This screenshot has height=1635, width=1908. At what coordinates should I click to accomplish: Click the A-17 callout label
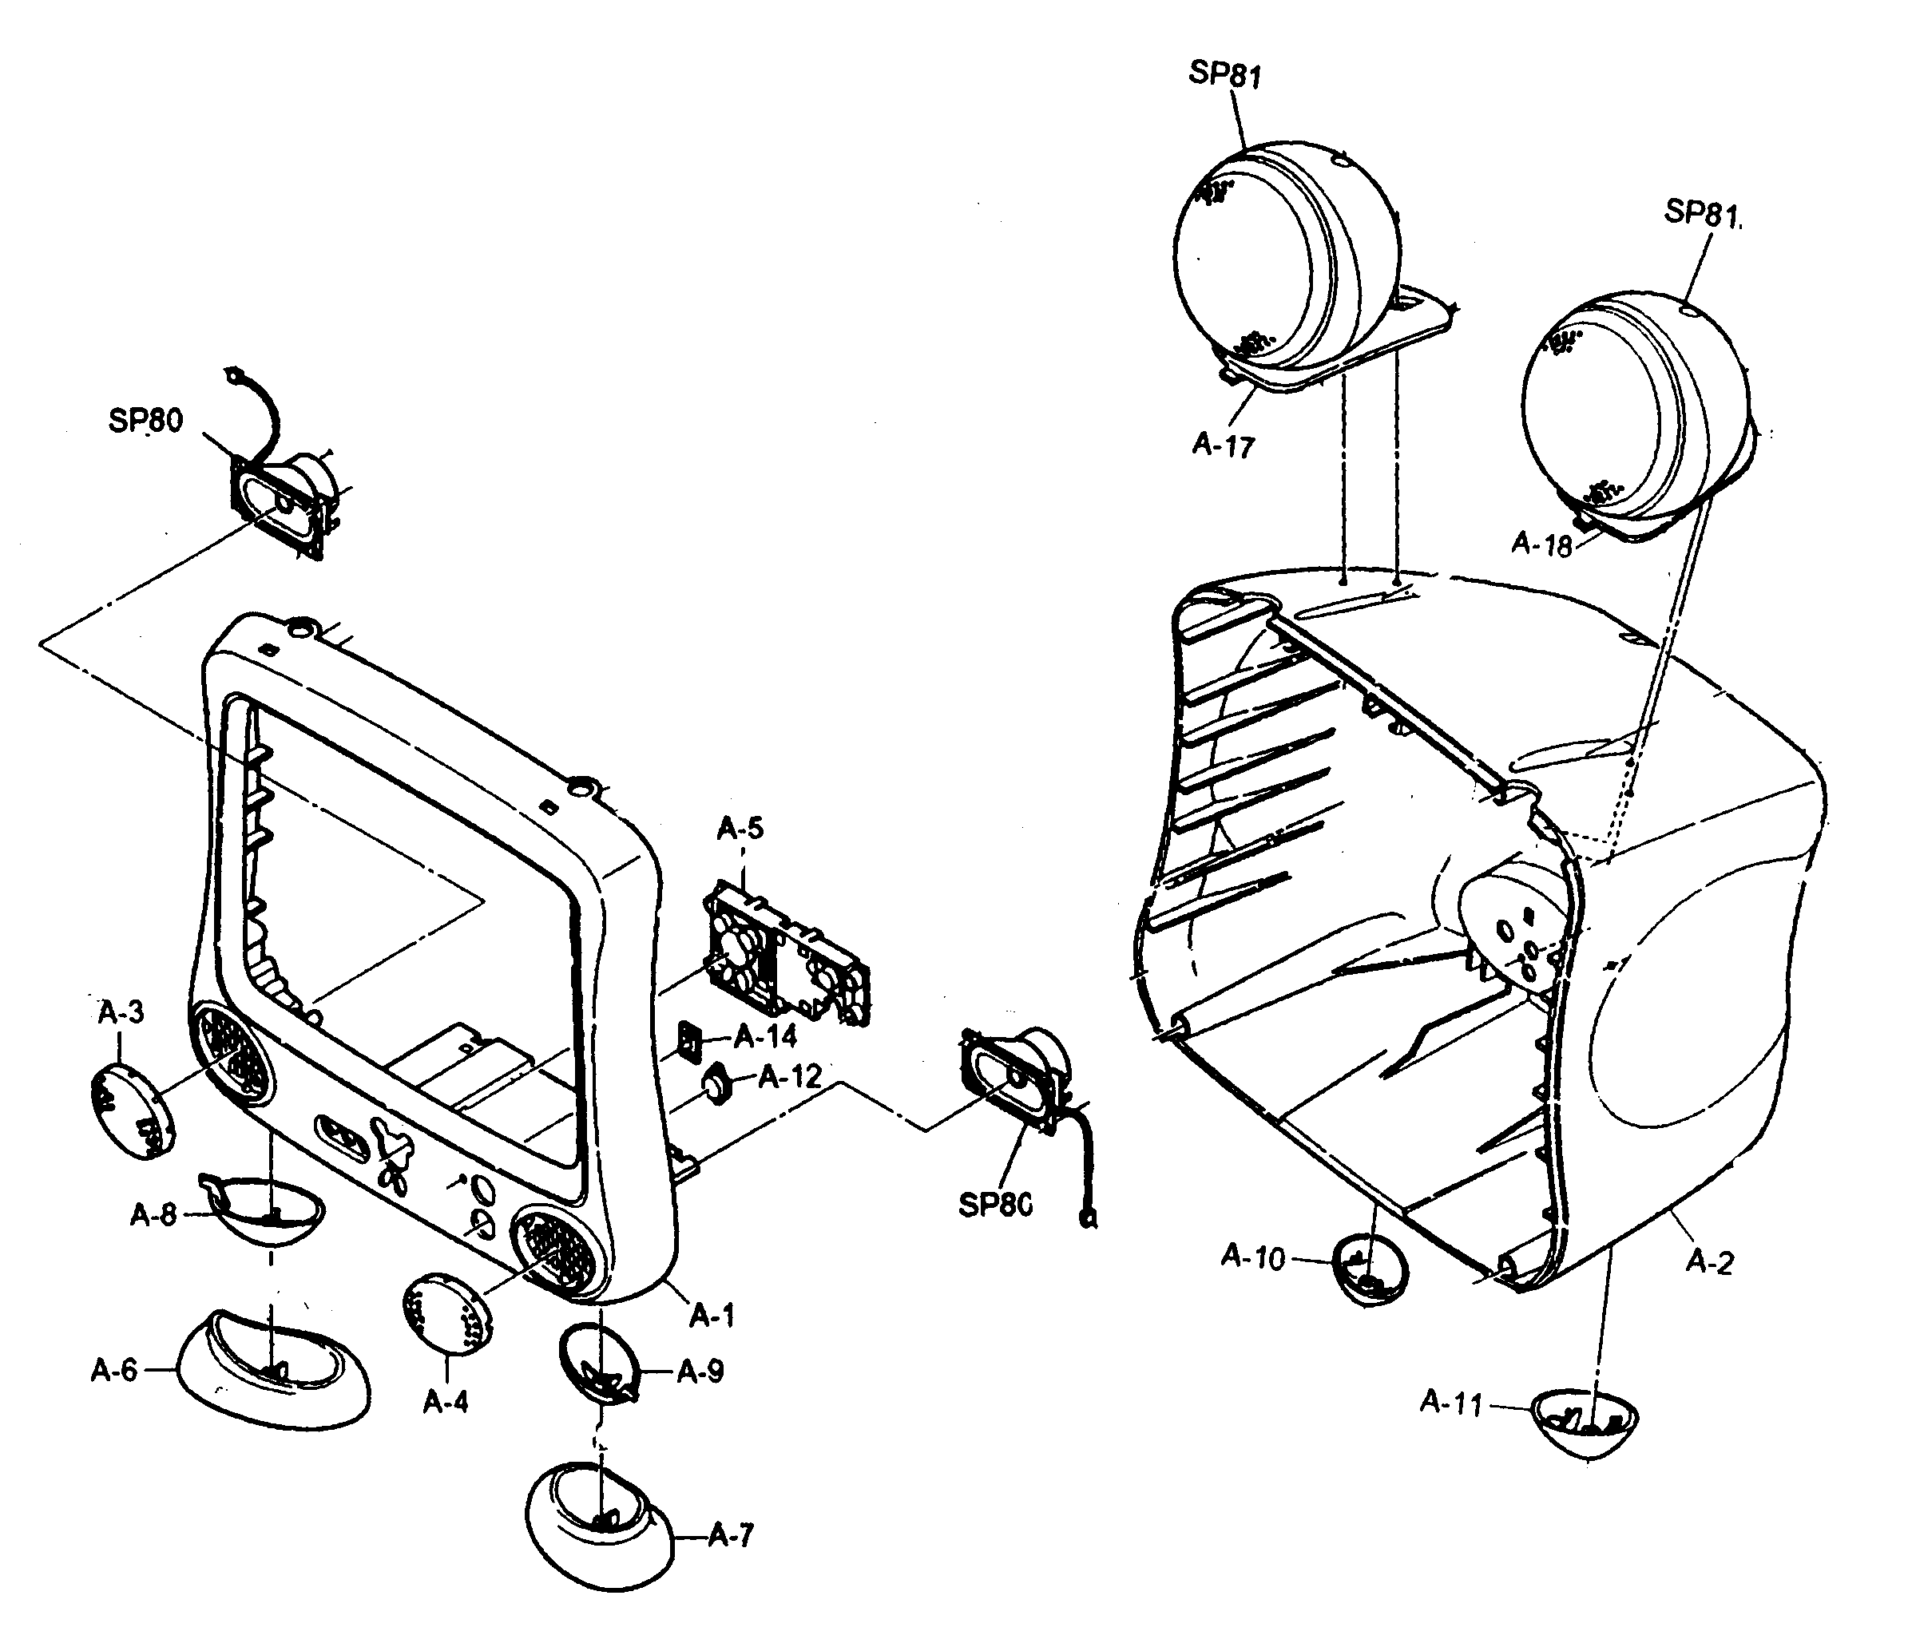click(x=1223, y=446)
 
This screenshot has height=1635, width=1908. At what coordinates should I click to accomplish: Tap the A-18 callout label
click(x=1541, y=545)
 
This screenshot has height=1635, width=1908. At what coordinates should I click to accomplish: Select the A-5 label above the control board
click(x=740, y=829)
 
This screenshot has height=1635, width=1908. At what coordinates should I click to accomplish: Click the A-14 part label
click(x=765, y=1038)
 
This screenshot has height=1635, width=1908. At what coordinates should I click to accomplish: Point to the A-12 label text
click(x=790, y=1077)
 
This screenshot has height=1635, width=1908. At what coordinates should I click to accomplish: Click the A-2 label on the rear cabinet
click(x=1709, y=1262)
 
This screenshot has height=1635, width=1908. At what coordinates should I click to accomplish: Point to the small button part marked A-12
click(x=716, y=1081)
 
